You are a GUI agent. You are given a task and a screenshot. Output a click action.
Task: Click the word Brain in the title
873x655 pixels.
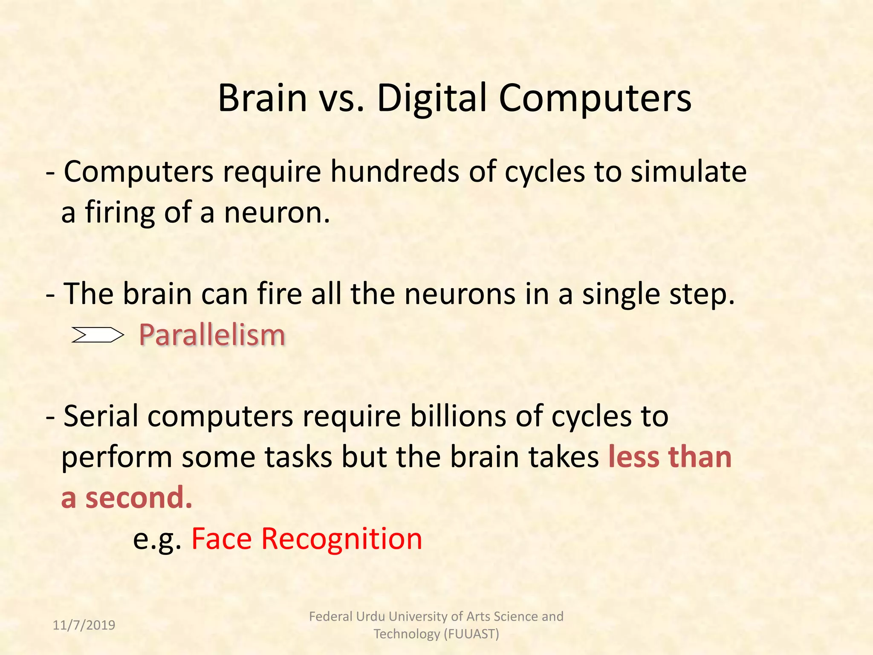262,98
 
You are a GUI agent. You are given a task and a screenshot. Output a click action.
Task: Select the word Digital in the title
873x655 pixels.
432,98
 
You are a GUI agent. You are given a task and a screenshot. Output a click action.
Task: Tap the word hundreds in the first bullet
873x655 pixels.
395,171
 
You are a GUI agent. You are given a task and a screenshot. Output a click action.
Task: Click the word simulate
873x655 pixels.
688,171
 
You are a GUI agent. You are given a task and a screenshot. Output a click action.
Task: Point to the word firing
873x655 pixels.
120,212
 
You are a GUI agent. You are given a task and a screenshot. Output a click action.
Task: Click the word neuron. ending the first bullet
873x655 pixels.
277,212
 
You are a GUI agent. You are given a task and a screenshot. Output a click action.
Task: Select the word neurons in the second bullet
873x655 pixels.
460,294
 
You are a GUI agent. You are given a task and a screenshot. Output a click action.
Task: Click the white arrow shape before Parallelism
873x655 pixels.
97,335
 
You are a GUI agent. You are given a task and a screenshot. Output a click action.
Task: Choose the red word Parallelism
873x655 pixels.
212,335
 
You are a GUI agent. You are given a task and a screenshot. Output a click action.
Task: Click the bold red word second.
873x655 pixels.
139,498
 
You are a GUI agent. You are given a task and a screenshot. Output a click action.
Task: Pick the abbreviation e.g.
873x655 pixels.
157,539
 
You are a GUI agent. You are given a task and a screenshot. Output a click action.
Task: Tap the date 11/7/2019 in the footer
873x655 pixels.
84,625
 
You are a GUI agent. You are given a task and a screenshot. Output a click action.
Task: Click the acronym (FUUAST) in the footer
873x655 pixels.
471,634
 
